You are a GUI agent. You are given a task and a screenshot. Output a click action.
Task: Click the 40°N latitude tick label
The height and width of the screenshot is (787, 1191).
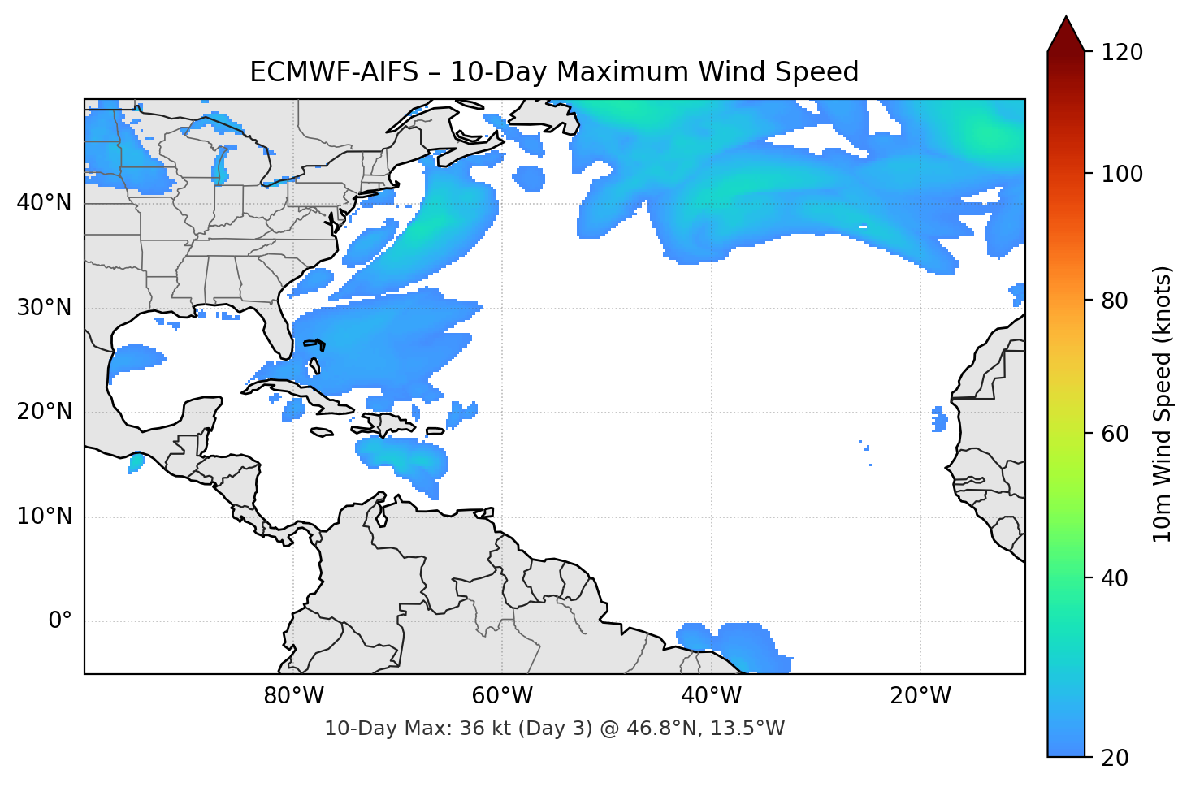click(x=44, y=203)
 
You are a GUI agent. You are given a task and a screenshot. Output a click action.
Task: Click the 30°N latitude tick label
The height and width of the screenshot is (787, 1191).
click(x=44, y=308)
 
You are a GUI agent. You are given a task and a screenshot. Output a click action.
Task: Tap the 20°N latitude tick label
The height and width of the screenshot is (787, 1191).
click(x=44, y=412)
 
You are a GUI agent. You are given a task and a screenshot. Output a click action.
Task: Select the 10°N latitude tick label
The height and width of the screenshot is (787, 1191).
click(x=44, y=517)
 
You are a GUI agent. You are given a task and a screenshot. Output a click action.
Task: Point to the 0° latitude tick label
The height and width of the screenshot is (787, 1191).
click(x=59, y=621)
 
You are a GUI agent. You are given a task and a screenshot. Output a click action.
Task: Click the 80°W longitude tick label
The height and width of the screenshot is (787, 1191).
click(x=293, y=696)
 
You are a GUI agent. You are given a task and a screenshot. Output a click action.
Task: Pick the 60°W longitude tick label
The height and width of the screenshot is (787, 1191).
click(x=502, y=696)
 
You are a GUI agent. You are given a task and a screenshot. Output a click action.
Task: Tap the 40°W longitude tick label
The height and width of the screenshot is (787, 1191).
click(x=712, y=696)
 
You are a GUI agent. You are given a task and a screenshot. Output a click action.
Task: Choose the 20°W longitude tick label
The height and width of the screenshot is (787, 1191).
click(x=920, y=696)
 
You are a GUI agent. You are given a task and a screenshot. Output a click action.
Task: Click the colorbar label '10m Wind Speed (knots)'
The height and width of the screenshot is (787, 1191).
click(x=1163, y=404)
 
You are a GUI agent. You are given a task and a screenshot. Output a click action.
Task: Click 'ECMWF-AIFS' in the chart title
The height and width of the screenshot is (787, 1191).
click(x=334, y=72)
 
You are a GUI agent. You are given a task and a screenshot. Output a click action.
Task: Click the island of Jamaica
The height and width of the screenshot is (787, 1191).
click(x=322, y=433)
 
